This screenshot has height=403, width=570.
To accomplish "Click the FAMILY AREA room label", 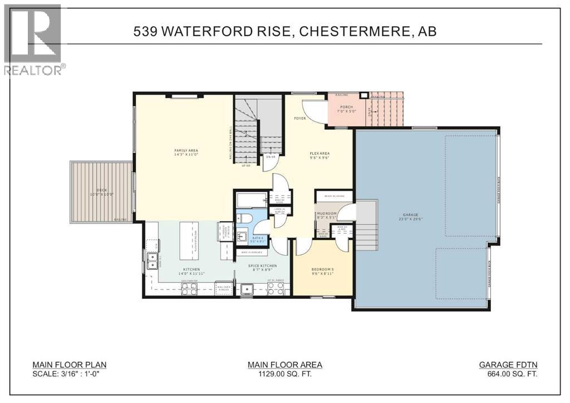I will point(186,153).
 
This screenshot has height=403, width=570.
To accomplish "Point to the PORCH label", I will point(347,110).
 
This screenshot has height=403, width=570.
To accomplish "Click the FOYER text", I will point(300,119).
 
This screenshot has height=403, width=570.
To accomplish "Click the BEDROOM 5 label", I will point(322,271).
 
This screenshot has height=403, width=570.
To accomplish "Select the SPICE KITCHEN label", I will point(263,268).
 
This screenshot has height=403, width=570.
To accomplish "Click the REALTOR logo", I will point(33,39).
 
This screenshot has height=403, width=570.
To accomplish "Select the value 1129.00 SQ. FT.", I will point(285,375).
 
